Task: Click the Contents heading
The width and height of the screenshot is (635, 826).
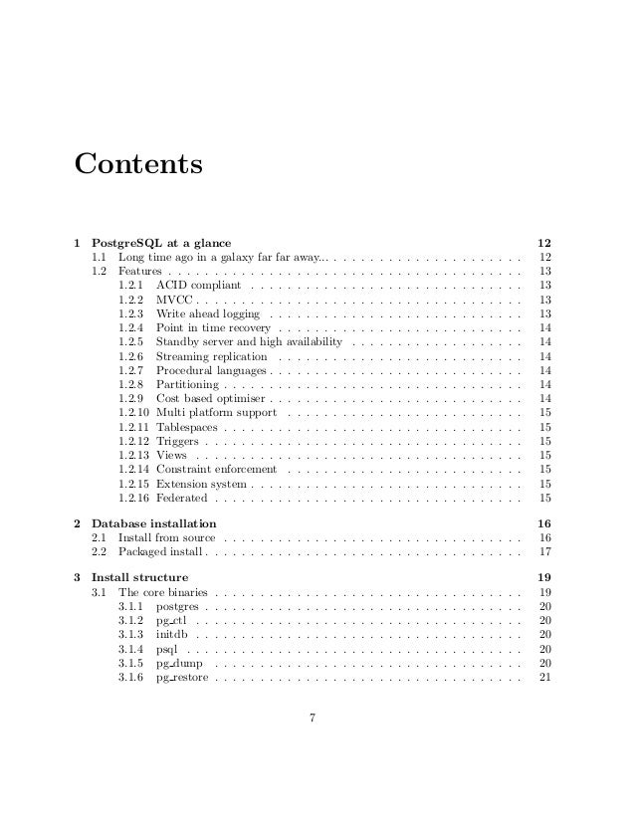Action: pyautogui.click(x=138, y=162)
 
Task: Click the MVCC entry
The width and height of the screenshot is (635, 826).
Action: pyautogui.click(x=175, y=299)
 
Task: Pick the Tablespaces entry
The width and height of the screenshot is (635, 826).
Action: pyautogui.click(x=188, y=427)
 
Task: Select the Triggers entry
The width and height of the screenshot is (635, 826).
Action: pyautogui.click(x=178, y=441)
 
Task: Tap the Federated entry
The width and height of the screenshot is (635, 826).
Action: pyautogui.click(x=182, y=498)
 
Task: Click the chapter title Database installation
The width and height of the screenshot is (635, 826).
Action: pyautogui.click(x=154, y=523)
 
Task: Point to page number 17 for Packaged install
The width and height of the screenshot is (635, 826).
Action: pyautogui.click(x=544, y=551)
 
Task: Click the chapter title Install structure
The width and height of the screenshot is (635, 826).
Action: pyautogui.click(x=139, y=577)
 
